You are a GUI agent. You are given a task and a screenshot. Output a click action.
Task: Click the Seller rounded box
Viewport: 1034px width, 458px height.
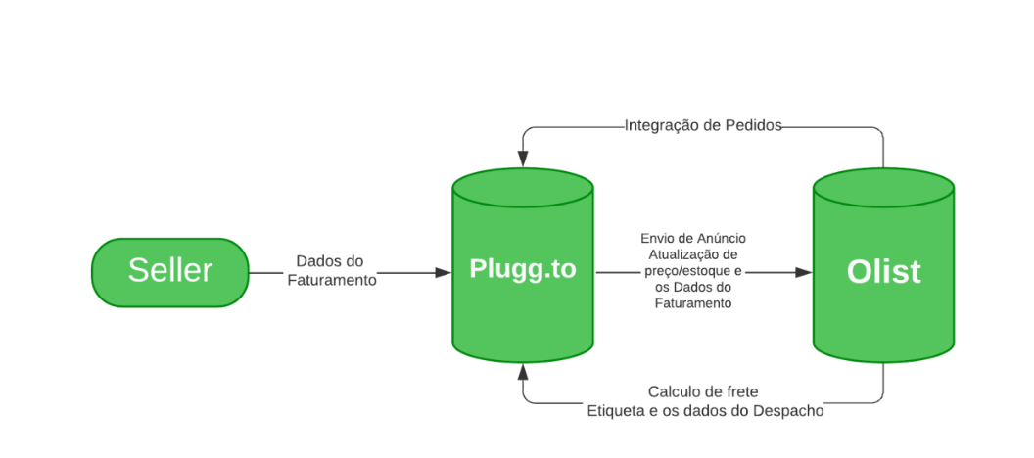169,272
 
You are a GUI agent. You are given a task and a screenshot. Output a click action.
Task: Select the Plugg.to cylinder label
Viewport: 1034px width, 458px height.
522,270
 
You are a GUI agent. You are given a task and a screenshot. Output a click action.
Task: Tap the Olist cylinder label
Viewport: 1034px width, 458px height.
883,271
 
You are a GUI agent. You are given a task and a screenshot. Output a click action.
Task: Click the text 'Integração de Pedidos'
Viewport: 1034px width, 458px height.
702,125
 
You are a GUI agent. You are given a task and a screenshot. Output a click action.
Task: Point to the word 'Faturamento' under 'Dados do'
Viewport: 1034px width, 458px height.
331,280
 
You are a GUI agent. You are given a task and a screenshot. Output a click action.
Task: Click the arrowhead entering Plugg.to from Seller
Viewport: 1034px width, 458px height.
443,273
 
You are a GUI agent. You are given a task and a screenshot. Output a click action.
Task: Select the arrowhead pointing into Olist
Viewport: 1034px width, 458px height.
804,272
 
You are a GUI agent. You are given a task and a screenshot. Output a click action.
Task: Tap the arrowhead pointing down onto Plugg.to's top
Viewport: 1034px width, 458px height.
523,158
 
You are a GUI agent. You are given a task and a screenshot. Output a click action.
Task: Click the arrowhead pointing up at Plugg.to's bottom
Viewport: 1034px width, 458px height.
523,372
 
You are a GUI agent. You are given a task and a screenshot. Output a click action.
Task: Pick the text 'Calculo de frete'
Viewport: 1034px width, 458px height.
703,391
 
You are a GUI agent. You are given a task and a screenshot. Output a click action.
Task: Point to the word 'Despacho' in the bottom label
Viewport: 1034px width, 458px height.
788,411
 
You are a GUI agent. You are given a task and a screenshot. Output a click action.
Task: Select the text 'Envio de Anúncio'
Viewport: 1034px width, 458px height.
693,238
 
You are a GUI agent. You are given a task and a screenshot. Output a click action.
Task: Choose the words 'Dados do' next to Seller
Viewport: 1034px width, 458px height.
330,262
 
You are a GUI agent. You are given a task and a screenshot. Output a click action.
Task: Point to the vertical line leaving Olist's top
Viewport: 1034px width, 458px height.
883,149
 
